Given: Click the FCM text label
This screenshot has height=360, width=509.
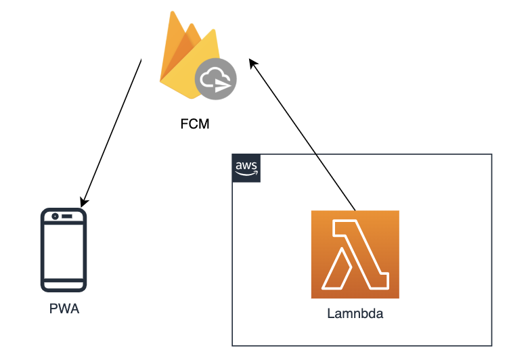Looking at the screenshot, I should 196,125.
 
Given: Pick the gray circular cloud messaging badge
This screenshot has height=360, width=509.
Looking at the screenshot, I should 216,79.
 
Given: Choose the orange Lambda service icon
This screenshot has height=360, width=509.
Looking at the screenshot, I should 355,254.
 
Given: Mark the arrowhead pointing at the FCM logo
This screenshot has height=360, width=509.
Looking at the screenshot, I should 252,63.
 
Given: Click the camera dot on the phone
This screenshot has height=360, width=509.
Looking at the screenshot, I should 55,217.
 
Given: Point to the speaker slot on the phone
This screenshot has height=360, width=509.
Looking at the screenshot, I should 69,217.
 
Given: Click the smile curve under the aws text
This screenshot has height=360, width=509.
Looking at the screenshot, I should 246,174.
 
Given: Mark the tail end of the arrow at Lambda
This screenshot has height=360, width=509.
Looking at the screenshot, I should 355,210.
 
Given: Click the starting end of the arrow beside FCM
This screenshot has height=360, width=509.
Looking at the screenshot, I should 141,61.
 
